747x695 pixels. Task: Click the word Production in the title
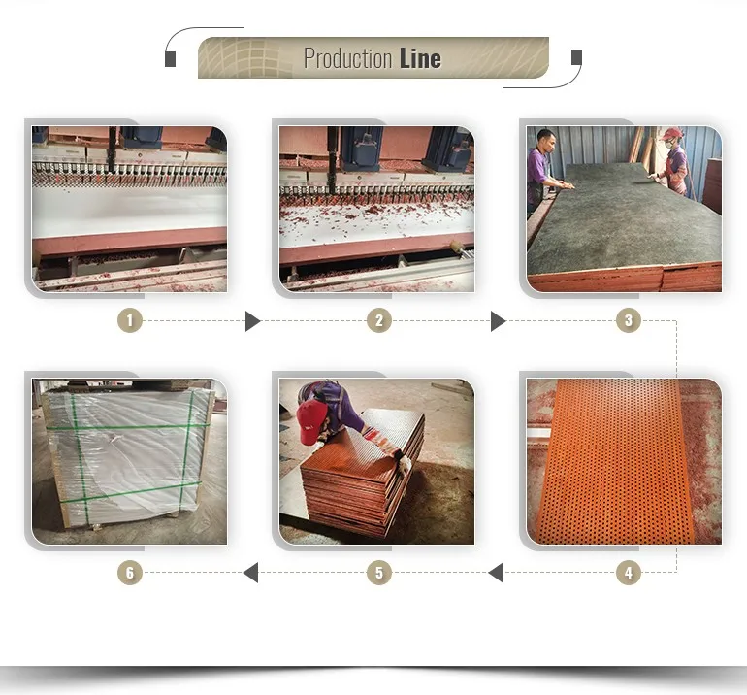[x=347, y=58]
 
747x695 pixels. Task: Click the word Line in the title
[x=420, y=58]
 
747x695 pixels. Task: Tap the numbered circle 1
[x=130, y=320]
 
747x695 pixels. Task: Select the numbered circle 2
[x=379, y=320]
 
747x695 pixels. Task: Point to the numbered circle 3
[x=629, y=320]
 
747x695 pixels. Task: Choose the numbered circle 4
[x=629, y=573]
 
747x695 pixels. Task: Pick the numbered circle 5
[x=379, y=573]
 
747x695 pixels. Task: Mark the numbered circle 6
[x=130, y=573]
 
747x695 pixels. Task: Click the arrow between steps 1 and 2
[x=252, y=320]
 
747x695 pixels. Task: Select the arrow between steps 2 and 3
[x=498, y=320]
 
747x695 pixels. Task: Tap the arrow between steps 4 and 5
[x=496, y=573]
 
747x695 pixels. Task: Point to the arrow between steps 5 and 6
[x=250, y=573]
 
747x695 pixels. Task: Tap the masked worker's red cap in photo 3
[x=671, y=133]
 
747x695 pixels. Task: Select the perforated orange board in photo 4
[x=619, y=461]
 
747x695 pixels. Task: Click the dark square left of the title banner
[x=170, y=59]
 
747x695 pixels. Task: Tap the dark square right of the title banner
[x=576, y=56]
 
